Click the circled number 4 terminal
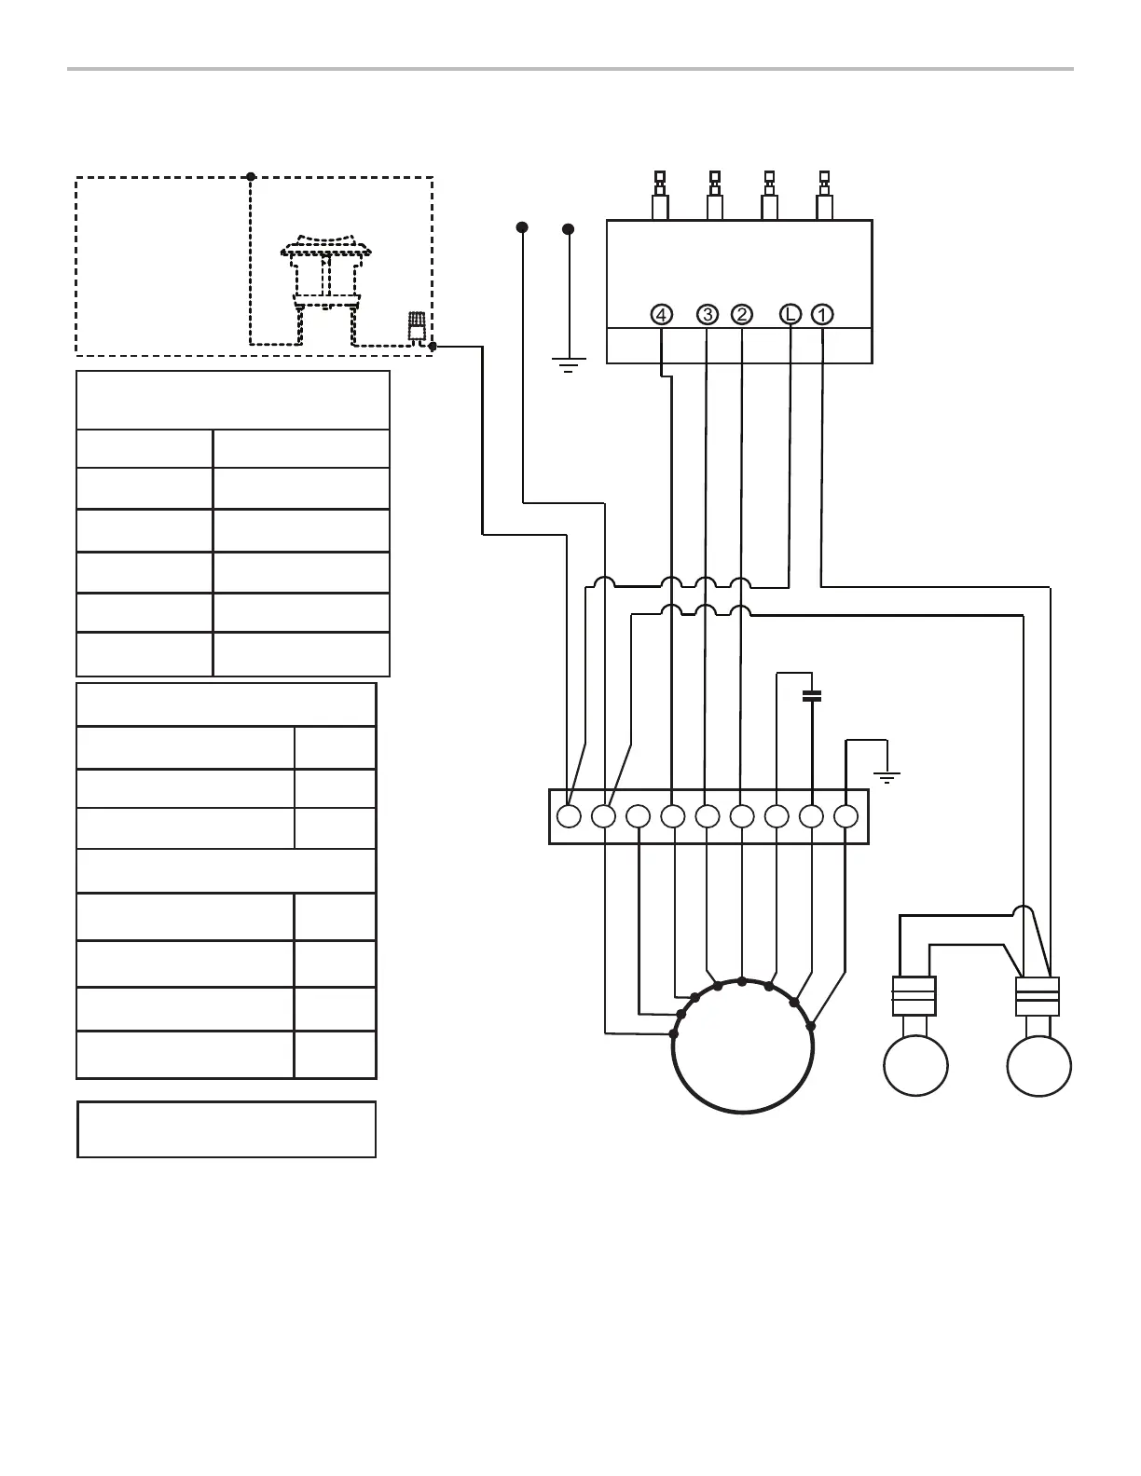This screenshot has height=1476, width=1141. (x=661, y=315)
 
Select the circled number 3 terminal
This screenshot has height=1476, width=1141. (x=708, y=315)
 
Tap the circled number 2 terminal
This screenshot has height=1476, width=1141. (x=742, y=315)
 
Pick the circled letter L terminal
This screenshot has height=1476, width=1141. (x=790, y=315)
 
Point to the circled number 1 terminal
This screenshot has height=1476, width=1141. (x=822, y=315)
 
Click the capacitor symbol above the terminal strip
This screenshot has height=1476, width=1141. (x=812, y=695)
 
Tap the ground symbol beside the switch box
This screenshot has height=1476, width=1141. (x=569, y=363)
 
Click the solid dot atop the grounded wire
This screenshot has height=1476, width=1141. (x=569, y=228)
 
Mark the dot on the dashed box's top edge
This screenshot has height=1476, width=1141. (x=250, y=176)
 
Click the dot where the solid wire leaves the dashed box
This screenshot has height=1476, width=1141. (x=433, y=347)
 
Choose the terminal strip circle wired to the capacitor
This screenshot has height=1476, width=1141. (x=811, y=816)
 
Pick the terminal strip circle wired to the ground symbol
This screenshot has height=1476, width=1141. (x=845, y=816)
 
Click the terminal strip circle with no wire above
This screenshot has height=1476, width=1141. (x=639, y=816)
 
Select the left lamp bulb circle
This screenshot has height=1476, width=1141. (x=915, y=1065)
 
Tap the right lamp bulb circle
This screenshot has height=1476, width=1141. (x=1039, y=1065)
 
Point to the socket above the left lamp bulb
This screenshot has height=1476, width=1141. (x=914, y=995)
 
